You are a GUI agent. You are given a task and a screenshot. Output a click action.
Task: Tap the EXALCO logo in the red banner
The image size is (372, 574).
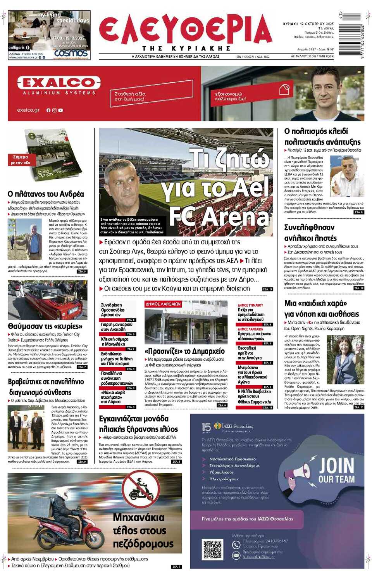coord(59,83)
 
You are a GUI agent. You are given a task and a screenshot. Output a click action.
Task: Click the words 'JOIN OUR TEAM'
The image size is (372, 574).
coord(336,470)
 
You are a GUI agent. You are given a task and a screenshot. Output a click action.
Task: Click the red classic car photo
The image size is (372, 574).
coord(47,300)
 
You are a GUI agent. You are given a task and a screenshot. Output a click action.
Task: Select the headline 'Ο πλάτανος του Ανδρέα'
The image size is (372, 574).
coord(46,194)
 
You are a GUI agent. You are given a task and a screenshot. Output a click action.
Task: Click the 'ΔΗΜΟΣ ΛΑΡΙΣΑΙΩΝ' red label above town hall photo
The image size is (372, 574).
coord(163,304)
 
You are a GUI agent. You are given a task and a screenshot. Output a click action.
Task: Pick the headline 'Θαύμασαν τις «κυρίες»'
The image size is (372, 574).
coord(45,326)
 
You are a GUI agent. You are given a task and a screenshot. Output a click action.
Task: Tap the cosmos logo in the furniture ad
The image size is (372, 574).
coord(71,53)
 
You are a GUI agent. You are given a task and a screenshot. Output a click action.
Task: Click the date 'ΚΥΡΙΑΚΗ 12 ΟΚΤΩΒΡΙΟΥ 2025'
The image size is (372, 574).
coord(308,24)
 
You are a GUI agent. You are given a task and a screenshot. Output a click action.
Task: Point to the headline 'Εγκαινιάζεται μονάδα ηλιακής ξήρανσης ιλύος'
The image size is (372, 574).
coord(138,424)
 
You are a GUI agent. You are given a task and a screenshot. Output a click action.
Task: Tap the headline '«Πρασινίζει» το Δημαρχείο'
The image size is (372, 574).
coord(184,351)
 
